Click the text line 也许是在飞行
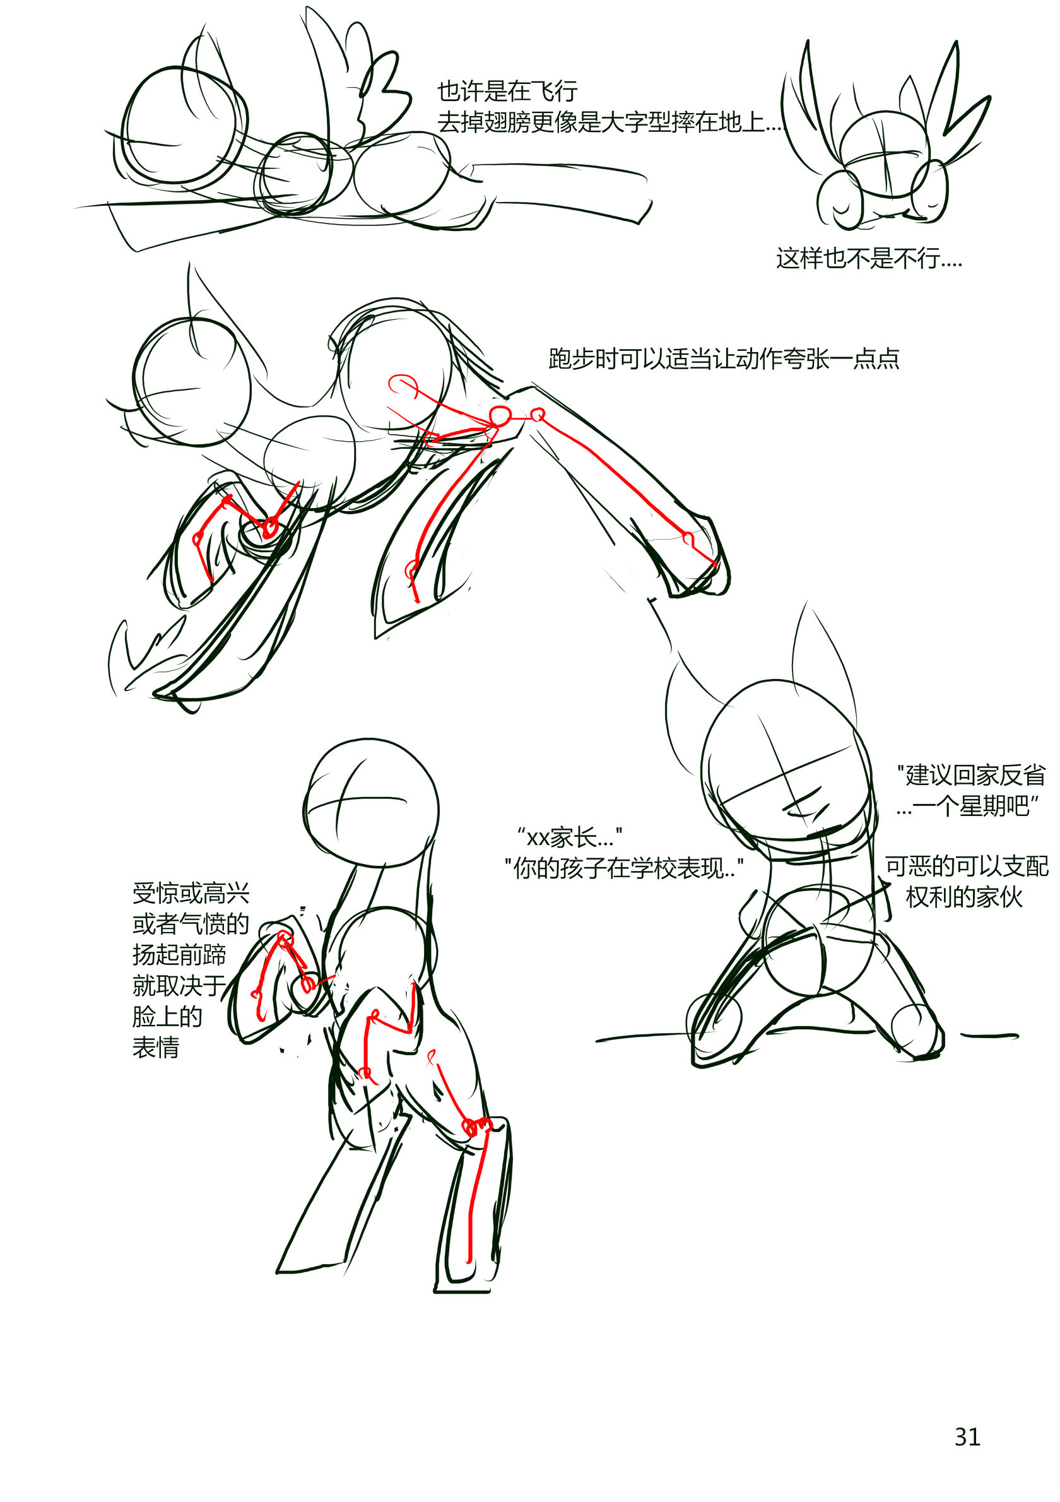coord(507,92)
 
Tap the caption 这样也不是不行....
coord(868,259)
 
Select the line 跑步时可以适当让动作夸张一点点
coord(724,358)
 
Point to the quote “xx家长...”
coord(569,837)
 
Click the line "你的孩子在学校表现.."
coord(624,868)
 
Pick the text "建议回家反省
coord(970,775)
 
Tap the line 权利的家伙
coord(964,897)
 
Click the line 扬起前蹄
coord(179,954)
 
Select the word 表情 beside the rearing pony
coord(156,1048)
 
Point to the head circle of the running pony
coord(192,382)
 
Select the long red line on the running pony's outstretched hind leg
coord(628,490)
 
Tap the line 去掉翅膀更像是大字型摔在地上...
coord(609,122)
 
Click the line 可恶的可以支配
coord(967,866)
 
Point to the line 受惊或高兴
coord(191,893)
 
